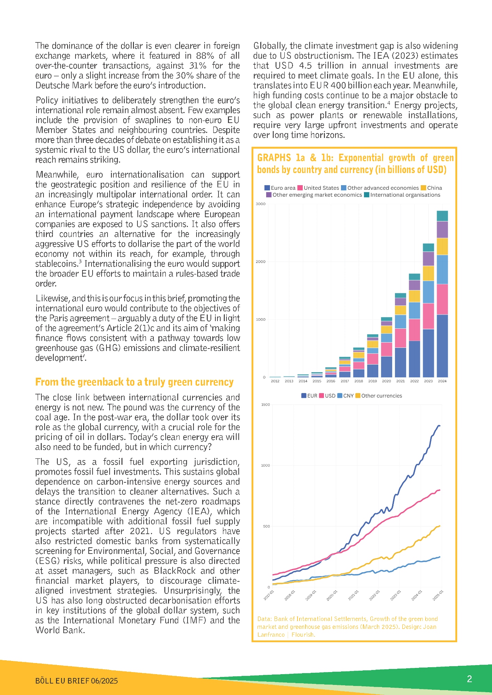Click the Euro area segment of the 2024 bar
pos(442,346)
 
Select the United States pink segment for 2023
pos(428,316)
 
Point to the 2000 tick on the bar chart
pos(261,262)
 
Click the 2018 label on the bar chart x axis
pos(359,381)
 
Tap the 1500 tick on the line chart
pos(265,404)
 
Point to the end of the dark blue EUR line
pos(440,426)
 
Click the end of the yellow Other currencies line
pos(440,526)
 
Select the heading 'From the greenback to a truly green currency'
pos(134,382)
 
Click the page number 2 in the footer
pos(469,679)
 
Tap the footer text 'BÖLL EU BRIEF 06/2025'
pos(77,681)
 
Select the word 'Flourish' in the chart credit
pos(303,635)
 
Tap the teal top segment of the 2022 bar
pos(414,277)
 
